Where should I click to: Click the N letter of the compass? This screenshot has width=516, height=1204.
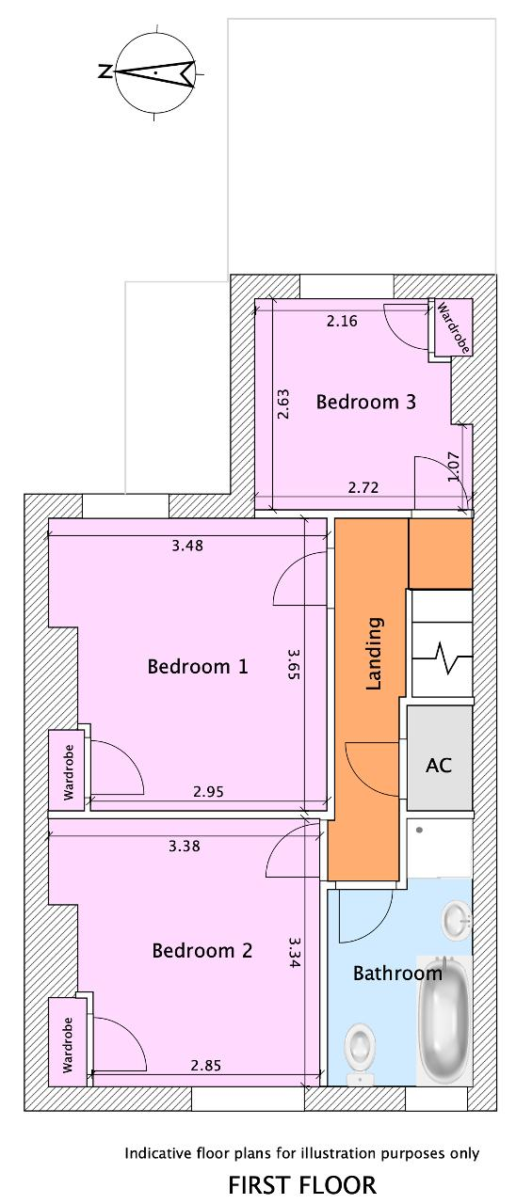pos(105,71)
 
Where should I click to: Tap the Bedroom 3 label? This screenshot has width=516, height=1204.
pos(366,402)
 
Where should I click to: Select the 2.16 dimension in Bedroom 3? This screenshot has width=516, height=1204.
pos(342,321)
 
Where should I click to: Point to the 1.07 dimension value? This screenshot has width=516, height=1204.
pos(454,466)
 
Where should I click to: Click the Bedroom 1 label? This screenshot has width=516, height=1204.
pos(198,667)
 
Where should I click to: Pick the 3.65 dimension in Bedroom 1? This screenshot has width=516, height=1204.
pos(293,664)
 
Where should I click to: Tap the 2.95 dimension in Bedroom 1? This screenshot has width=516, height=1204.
pos(208,791)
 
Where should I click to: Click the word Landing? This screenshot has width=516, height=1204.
pos(374,653)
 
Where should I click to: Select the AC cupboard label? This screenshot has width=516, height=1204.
pos(439,765)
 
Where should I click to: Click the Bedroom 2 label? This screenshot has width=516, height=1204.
pos(202,950)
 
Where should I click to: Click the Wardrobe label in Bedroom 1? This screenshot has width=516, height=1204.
pos(68,772)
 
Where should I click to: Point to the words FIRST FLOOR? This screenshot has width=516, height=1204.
pos(302,1184)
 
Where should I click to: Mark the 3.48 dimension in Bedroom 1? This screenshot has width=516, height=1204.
pos(187,545)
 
